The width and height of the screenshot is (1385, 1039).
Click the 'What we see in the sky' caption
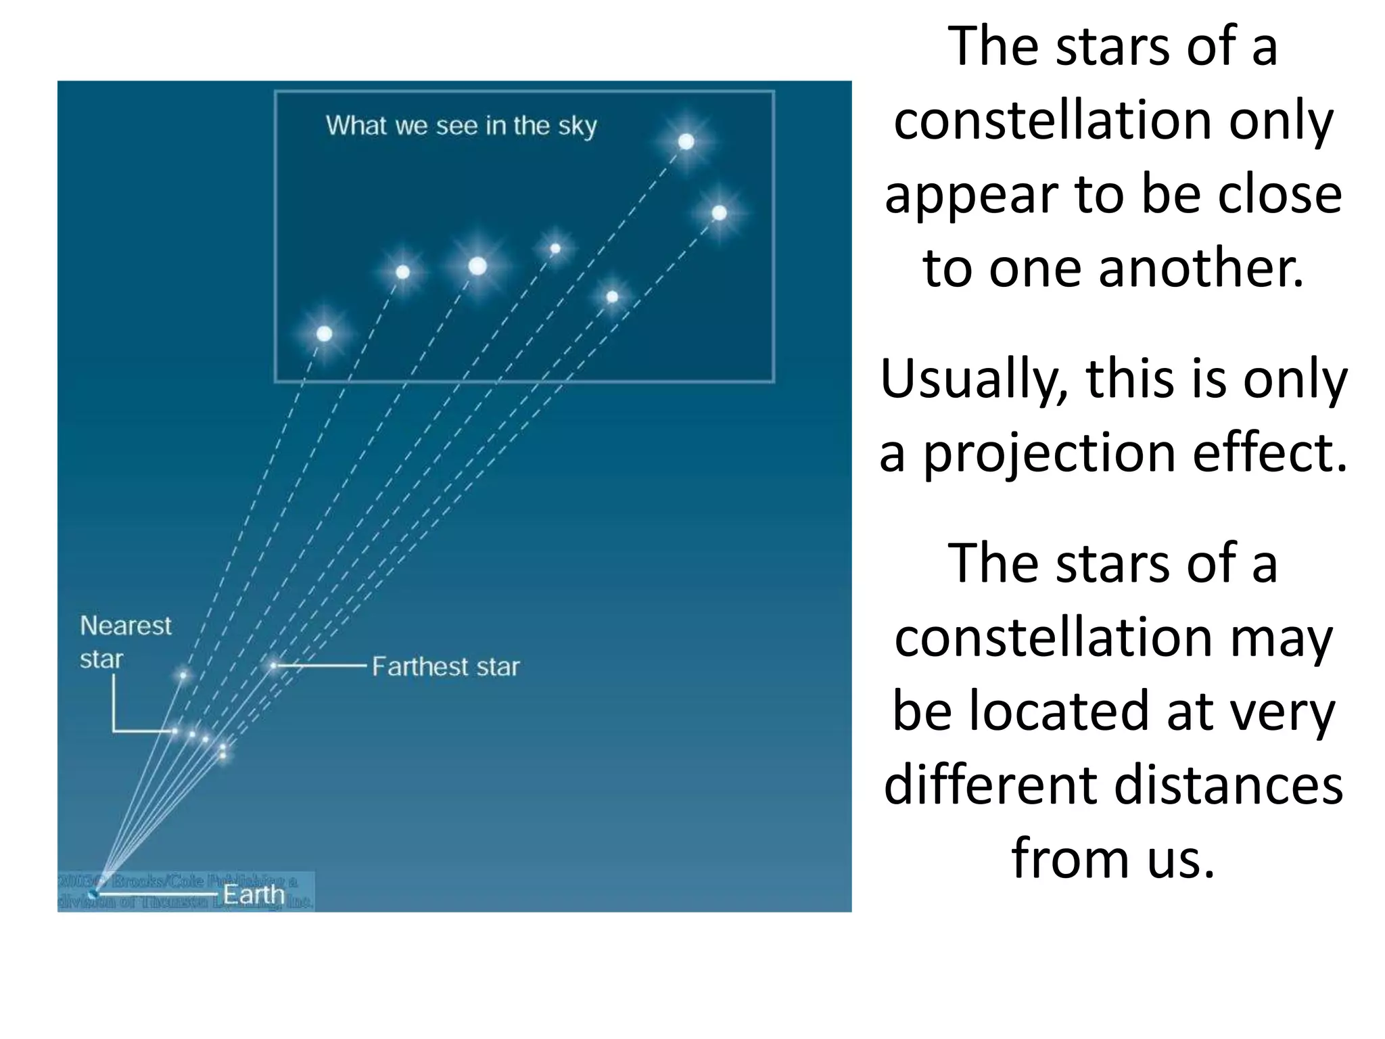pyautogui.click(x=461, y=126)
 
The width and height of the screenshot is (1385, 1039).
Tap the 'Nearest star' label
pyautogui.click(x=125, y=641)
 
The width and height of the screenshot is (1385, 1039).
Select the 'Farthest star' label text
pyautogui.click(x=446, y=667)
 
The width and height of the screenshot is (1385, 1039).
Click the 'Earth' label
pyautogui.click(x=254, y=894)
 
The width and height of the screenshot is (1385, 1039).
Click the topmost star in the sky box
pyautogui.click(x=686, y=141)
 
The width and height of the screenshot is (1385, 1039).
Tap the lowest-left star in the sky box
pyautogui.click(x=324, y=333)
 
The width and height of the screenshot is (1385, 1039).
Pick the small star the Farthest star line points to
pyautogui.click(x=273, y=666)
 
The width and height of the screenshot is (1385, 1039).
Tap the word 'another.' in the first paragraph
pyautogui.click(x=1201, y=268)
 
